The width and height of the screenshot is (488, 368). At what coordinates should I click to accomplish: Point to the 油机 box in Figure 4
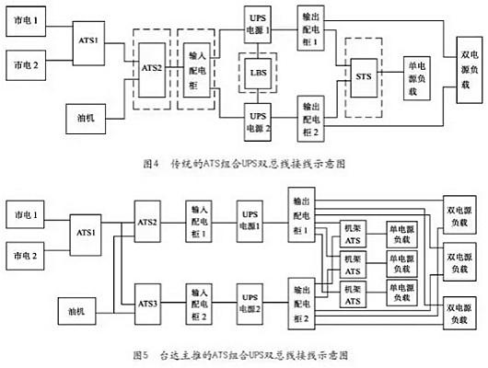tap(88, 117)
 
